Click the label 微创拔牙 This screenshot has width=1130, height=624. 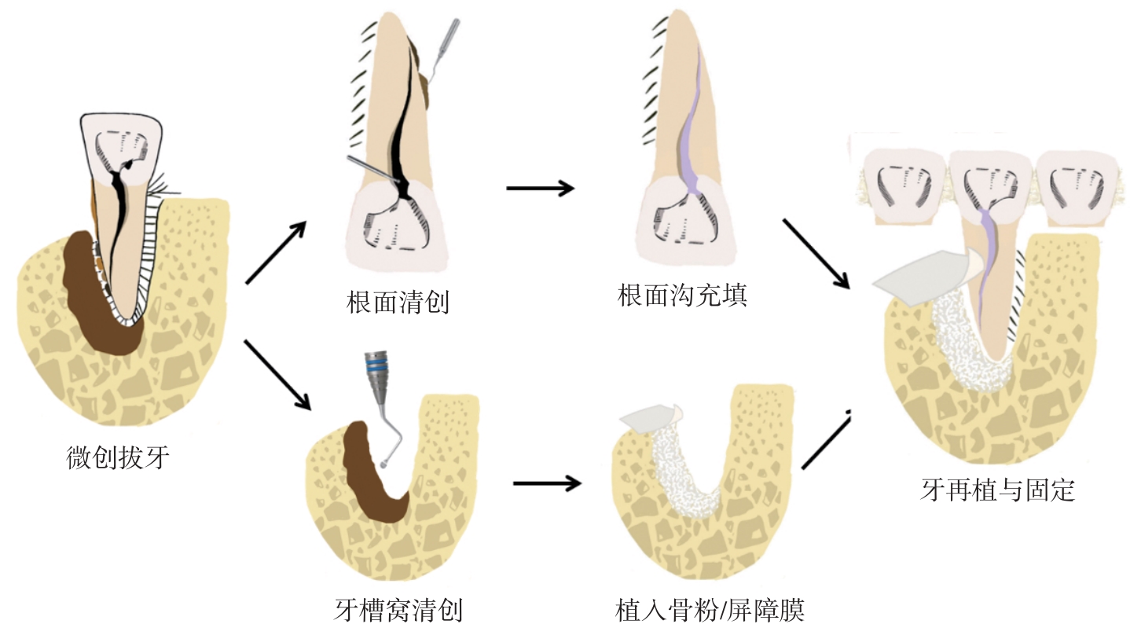click(118, 457)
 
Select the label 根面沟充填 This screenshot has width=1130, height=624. click(681, 297)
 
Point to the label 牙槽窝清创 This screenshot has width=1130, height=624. click(398, 609)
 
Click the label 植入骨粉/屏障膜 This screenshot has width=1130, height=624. click(710, 609)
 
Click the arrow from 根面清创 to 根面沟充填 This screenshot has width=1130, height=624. click(540, 188)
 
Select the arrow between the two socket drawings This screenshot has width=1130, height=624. click(547, 483)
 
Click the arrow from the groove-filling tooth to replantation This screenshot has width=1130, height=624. click(816, 253)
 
